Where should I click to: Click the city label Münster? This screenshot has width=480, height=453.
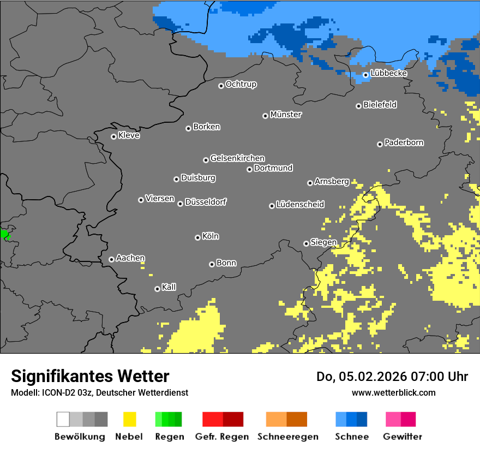pos(286,115)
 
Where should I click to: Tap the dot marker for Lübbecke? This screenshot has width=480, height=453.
pos(365,75)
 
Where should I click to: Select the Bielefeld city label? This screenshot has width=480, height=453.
pos(380,105)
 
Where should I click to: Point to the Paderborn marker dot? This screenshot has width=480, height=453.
pos(380,144)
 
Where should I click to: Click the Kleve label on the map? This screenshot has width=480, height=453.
pos(129,135)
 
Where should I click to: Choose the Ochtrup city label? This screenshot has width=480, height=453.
pos(241,85)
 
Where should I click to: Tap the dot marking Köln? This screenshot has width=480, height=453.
pos(197,237)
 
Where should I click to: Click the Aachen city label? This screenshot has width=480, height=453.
pos(130,258)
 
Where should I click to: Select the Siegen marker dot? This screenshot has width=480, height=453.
pos(306,243)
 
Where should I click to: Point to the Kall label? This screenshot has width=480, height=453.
pos(169,287)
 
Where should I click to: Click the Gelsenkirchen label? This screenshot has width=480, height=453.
pos(237,158)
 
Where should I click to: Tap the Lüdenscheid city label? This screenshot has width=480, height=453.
pos(300,205)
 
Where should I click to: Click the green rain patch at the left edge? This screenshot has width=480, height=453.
pos(4,235)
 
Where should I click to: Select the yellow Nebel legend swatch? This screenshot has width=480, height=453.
pos(129,419)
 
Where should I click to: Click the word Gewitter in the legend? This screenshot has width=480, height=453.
pos(403,437)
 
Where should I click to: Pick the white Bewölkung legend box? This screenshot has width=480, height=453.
pos(63,419)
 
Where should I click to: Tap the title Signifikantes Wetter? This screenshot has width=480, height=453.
pos(90,377)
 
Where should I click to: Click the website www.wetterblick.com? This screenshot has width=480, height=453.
pos(393,392)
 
